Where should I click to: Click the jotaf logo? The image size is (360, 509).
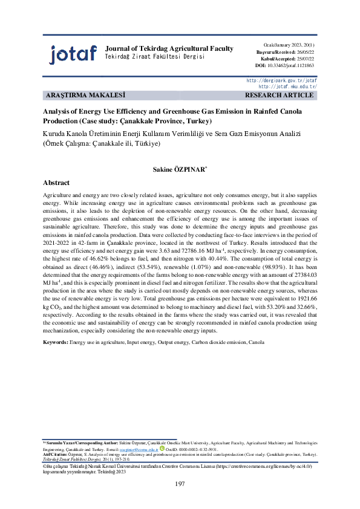click(73, 54)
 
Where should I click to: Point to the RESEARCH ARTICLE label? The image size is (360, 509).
click(279, 96)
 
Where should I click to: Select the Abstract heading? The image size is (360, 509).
click(56, 183)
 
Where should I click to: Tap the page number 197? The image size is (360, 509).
click(180, 484)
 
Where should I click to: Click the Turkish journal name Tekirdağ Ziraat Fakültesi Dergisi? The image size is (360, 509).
click(155, 56)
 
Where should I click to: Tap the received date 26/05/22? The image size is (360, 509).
click(304, 52)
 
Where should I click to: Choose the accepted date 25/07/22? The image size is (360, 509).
click(304, 59)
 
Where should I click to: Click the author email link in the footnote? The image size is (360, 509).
click(139, 450)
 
